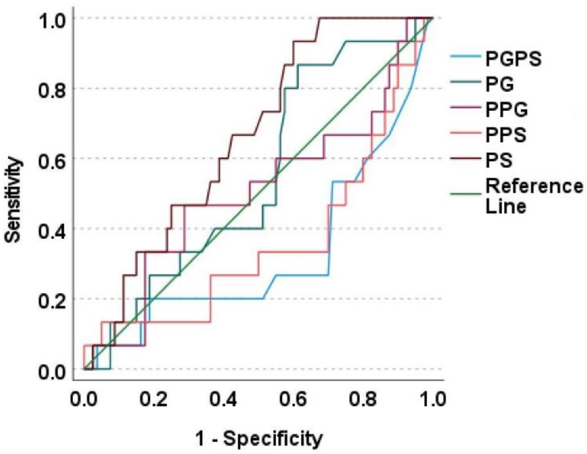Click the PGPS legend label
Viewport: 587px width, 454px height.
[x=513, y=59]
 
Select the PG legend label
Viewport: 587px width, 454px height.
[x=500, y=84]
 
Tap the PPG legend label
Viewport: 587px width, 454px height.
[x=506, y=110]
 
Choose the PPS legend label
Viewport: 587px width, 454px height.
[x=506, y=135]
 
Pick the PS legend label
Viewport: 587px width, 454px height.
[x=499, y=160]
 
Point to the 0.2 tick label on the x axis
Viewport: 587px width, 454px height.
[x=153, y=399]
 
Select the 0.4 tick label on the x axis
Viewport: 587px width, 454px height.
[x=223, y=399]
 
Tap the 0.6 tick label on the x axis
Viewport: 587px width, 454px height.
[x=293, y=399]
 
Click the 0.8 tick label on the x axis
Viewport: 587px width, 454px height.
[x=363, y=399]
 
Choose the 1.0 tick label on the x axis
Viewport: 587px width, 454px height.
[x=432, y=399]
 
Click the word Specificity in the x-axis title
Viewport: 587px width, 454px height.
[x=273, y=439]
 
